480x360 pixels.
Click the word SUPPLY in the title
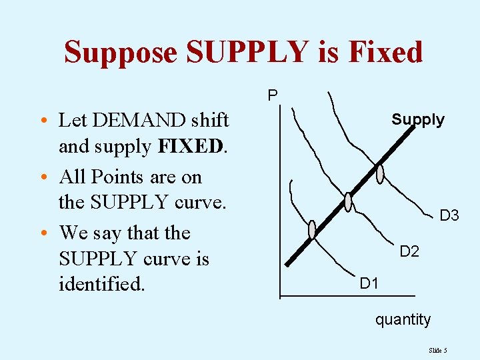(x=249, y=52)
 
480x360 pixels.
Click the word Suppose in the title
(x=121, y=52)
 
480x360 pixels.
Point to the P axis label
(x=273, y=96)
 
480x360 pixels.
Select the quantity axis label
(x=403, y=319)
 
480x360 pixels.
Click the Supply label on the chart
(x=417, y=120)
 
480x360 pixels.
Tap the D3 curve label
(x=449, y=215)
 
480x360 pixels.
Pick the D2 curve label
(x=409, y=251)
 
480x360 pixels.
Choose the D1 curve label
(x=369, y=284)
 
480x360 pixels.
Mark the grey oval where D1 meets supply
(x=312, y=229)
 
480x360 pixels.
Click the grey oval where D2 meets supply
(x=348, y=201)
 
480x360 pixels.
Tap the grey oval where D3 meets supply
(x=380, y=173)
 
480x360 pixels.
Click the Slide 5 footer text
(x=438, y=350)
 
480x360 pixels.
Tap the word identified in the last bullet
(x=101, y=285)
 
